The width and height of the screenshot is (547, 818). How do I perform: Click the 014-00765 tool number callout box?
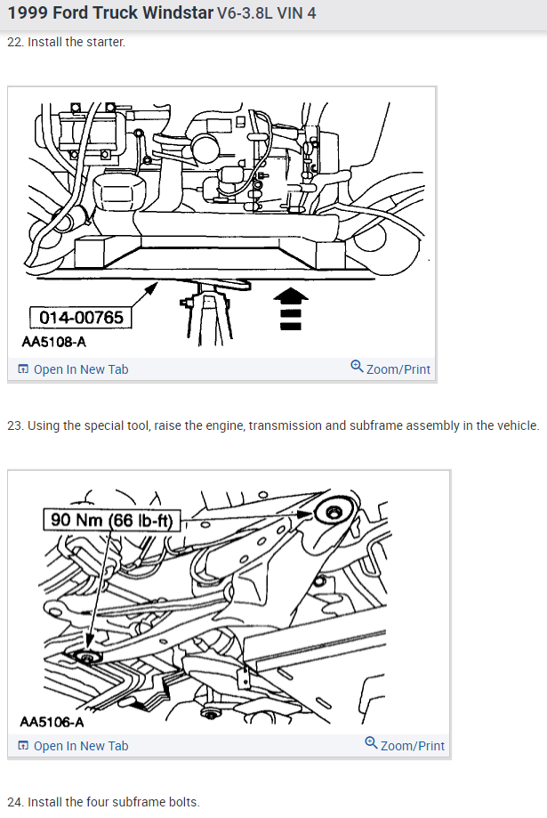click(80, 318)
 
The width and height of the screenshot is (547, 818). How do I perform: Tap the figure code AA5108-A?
click(54, 341)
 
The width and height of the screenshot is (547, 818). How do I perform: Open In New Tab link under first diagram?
click(80, 369)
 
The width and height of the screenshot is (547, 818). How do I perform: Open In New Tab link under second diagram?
click(80, 746)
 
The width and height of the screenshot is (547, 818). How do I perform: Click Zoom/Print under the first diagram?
click(398, 369)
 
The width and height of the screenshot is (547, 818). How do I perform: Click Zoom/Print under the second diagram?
click(412, 746)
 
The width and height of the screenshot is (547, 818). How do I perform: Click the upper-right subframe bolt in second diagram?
click(334, 513)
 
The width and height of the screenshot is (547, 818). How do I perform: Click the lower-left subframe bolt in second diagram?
click(87, 658)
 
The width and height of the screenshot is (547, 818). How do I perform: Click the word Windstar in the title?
click(177, 13)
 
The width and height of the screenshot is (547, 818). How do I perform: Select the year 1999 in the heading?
click(25, 13)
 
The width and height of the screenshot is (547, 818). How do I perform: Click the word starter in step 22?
click(103, 43)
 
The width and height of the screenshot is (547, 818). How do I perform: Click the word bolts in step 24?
click(182, 802)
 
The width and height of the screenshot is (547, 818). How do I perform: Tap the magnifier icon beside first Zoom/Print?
click(357, 368)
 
